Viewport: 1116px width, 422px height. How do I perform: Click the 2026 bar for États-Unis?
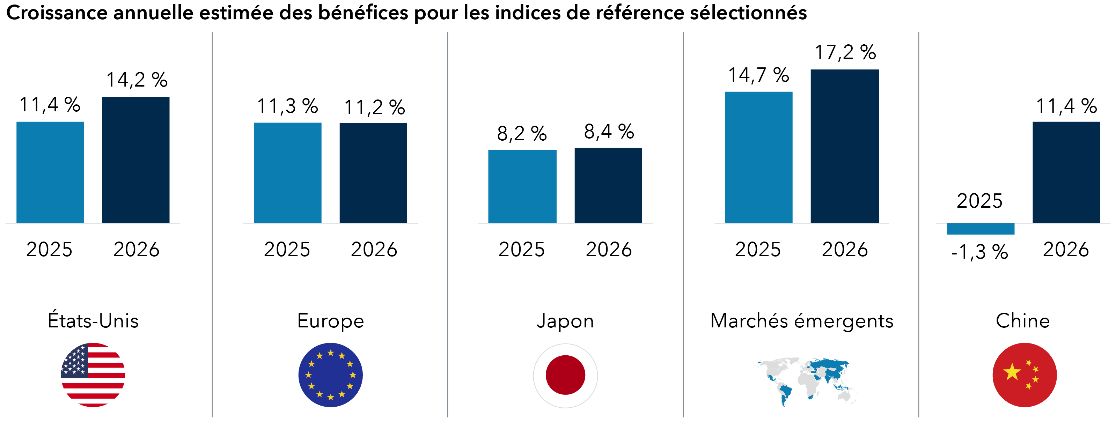[x=135, y=160]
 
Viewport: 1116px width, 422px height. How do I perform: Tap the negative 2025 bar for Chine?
[x=981, y=229]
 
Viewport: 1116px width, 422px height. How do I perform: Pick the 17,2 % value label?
[x=845, y=52]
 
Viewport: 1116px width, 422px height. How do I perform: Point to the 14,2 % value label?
[x=137, y=80]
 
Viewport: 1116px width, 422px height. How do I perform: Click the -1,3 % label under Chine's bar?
[x=979, y=252]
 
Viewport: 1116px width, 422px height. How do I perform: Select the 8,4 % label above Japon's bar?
[x=609, y=132]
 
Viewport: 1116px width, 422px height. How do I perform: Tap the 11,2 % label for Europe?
[x=374, y=108]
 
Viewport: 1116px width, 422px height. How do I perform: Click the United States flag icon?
[x=93, y=375]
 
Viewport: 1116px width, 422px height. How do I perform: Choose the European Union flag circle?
[x=331, y=375]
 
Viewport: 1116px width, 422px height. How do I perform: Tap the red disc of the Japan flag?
[x=565, y=375]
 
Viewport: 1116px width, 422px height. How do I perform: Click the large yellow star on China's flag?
[x=1012, y=372]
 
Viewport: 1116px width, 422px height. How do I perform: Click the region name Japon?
[x=565, y=321]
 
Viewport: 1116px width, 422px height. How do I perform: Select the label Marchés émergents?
[x=802, y=321]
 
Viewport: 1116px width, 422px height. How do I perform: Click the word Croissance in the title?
[x=56, y=13]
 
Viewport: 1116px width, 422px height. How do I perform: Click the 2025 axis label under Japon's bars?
[x=521, y=250]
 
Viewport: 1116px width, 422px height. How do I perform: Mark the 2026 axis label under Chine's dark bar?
[x=1066, y=250]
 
